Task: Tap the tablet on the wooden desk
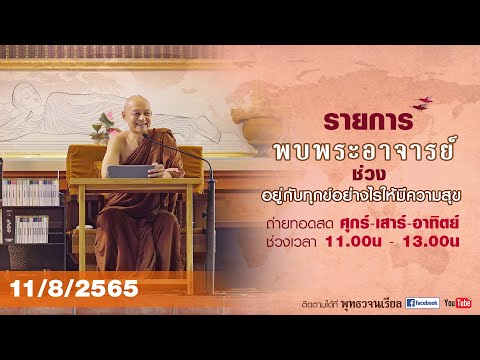[126, 171]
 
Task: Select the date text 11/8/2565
[69, 289]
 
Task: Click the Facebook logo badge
[421, 302]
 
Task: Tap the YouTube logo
[457, 302]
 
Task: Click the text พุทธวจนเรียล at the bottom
[371, 302]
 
